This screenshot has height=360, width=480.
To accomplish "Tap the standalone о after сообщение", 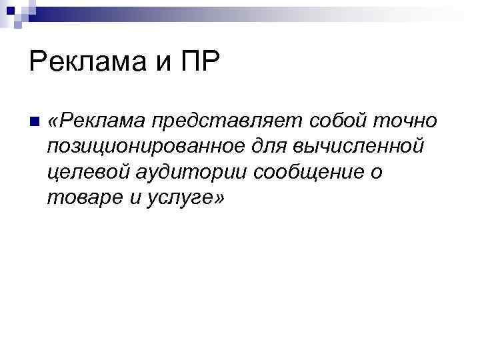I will (x=378, y=172).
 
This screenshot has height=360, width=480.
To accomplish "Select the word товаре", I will (x=76, y=197).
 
